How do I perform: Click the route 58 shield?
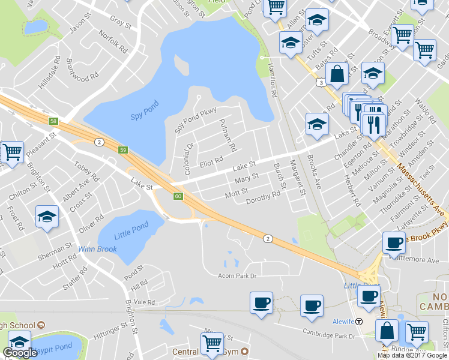(x=54, y=121)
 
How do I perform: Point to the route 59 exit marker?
(x=123, y=150)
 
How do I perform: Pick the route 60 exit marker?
(x=178, y=196)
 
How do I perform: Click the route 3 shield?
(x=322, y=82)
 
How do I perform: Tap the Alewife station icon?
(x=358, y=321)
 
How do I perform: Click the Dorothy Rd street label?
(x=263, y=197)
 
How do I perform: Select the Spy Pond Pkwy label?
(x=194, y=120)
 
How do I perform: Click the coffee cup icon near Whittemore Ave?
(x=394, y=242)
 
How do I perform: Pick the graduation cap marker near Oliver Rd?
(x=46, y=217)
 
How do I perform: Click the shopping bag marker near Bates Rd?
(x=337, y=74)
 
